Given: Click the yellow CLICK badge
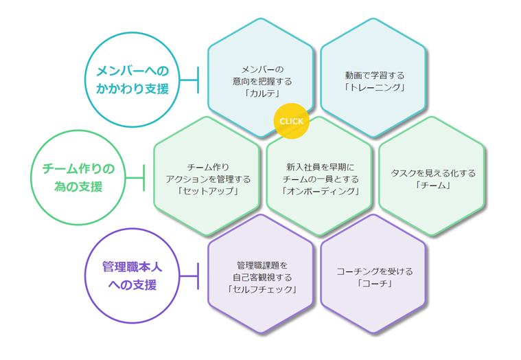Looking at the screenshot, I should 291,122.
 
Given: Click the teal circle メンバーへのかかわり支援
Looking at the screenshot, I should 132,80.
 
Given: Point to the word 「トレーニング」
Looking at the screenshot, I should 374,87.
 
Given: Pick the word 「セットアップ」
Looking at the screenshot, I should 208,191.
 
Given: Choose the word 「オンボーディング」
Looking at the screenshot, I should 321,191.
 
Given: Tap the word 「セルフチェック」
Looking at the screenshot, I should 262,289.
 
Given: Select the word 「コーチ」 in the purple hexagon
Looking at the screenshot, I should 375,283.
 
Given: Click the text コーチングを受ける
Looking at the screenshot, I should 375,271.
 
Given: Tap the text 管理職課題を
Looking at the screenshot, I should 262,264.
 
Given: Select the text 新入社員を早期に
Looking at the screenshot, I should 321,166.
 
